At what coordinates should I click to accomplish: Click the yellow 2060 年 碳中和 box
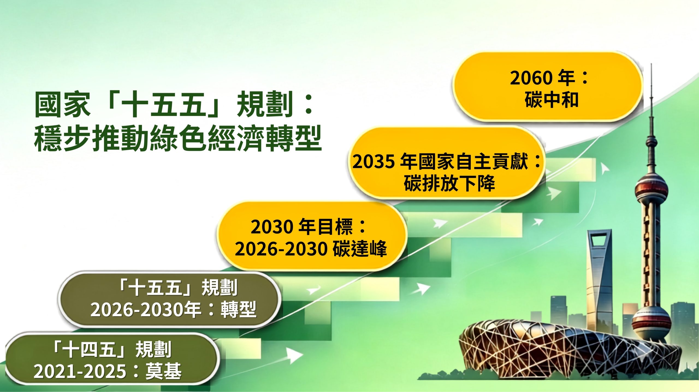tap(547, 86)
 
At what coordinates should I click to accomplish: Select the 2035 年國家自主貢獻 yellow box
tap(446, 163)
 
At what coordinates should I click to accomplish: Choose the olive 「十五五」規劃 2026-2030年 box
tap(169, 299)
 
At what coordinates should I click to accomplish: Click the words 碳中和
tap(551, 100)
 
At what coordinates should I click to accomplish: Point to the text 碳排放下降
tap(449, 183)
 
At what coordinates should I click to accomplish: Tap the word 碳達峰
tap(360, 249)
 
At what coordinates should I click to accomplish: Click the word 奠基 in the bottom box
tap(163, 371)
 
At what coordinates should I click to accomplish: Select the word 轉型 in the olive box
tap(239, 310)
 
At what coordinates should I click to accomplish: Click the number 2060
tap(531, 78)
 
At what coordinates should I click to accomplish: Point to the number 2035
tap(374, 161)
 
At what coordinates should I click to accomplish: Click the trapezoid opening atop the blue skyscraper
tap(599, 242)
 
